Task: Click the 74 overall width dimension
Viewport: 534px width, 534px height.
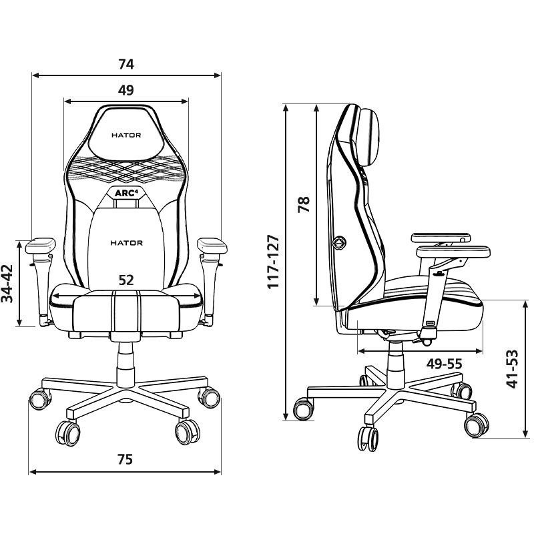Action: [x=126, y=64]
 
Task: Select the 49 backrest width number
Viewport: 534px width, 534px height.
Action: [x=126, y=90]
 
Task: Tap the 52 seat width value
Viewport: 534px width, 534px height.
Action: [x=126, y=280]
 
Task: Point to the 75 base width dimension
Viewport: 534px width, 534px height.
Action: [x=125, y=459]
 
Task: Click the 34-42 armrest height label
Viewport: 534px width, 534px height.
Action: [x=7, y=283]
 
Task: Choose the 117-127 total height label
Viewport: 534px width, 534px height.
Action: [x=273, y=262]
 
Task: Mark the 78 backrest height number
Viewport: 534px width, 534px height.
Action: [x=304, y=204]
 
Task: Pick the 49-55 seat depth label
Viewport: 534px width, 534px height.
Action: [x=444, y=364]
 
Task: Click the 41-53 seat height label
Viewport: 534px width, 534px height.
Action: [x=512, y=369]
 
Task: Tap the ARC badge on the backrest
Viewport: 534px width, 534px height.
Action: [x=126, y=194]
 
